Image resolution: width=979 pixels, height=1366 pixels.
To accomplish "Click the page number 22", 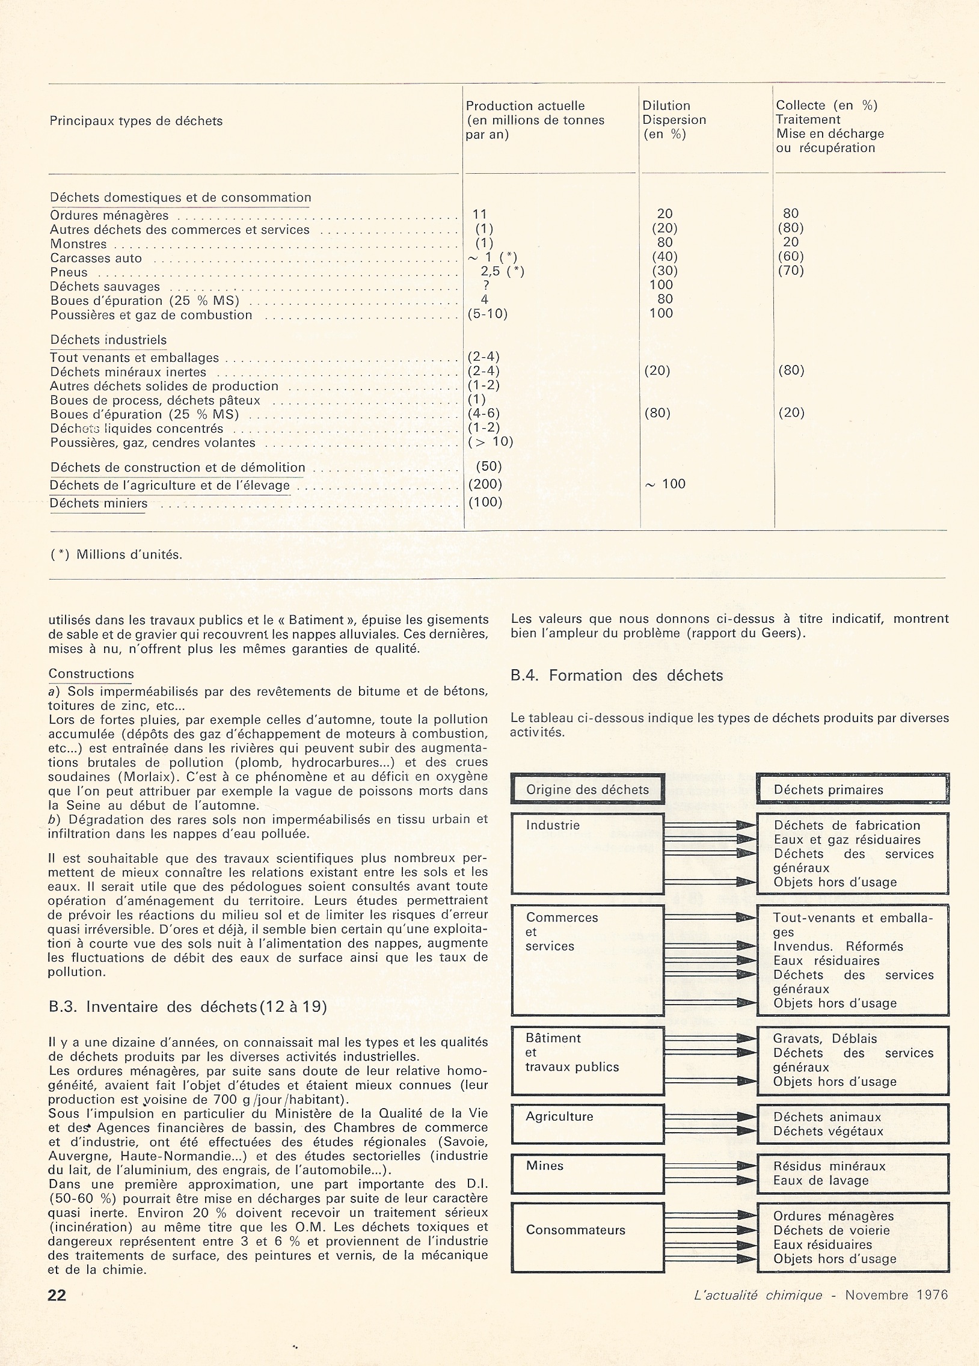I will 57,1295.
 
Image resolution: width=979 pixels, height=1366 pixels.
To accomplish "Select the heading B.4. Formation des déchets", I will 616,676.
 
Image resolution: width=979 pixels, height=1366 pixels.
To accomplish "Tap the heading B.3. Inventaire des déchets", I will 188,1007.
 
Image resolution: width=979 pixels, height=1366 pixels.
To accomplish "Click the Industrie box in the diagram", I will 588,853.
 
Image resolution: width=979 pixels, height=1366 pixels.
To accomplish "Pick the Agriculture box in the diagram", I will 588,1124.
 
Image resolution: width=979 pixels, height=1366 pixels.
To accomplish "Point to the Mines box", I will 588,1173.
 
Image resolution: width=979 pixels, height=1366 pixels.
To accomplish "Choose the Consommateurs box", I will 588,1238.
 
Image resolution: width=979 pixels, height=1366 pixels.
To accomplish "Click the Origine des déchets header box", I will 588,789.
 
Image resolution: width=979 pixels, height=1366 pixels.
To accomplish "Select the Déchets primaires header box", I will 853,789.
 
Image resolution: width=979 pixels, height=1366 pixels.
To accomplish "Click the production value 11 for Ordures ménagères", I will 479,215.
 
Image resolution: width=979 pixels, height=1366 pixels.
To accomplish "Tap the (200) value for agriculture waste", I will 485,484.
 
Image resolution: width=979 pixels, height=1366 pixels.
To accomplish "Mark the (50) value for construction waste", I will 488,466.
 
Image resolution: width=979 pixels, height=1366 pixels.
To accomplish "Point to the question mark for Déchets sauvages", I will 486,286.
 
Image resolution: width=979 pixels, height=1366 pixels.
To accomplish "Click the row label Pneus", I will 69,272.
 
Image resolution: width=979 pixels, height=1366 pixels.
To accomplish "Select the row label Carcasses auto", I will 96,259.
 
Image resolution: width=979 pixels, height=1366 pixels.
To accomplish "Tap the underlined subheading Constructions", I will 91,674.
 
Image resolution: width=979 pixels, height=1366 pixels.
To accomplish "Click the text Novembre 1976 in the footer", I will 896,1295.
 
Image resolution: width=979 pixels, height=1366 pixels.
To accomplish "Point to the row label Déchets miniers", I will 98,503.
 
